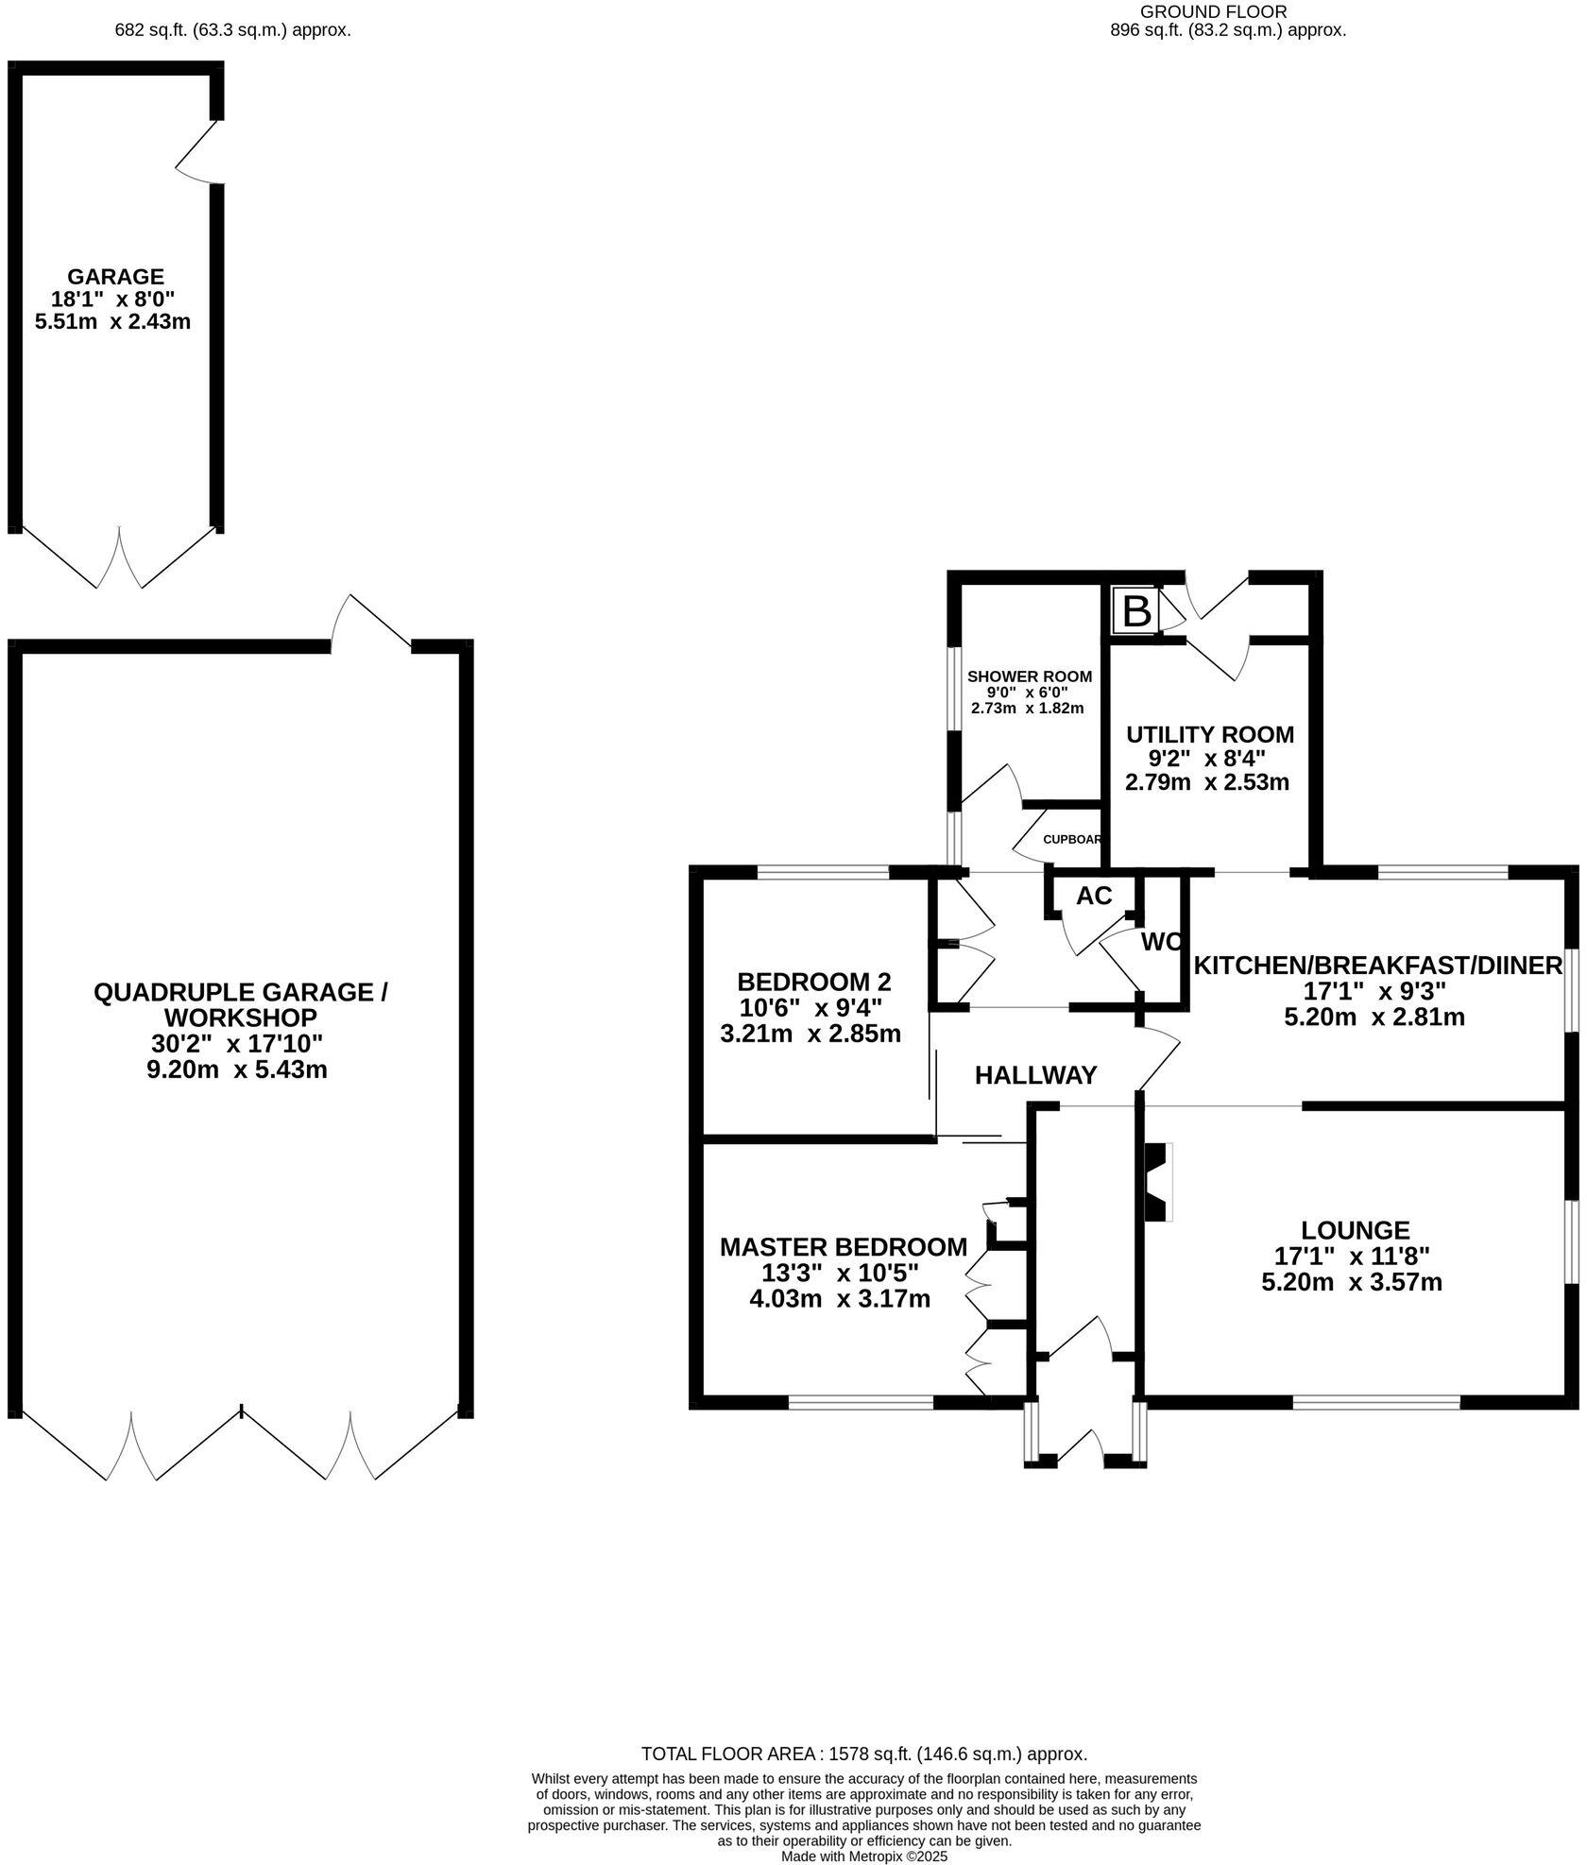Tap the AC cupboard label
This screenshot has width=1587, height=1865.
(x=1094, y=896)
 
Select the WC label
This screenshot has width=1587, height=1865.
(x=1161, y=942)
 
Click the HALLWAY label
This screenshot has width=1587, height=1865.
(x=1035, y=1075)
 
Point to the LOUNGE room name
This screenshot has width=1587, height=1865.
(x=1355, y=1230)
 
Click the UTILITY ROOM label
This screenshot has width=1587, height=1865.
(x=1210, y=734)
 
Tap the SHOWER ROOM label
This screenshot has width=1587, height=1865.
(x=1029, y=676)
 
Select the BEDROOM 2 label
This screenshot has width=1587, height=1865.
(x=813, y=982)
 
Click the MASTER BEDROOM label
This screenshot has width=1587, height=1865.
(x=843, y=1247)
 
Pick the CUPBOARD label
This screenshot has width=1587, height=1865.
(x=1073, y=839)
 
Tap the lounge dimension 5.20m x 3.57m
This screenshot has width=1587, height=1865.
(x=1352, y=1282)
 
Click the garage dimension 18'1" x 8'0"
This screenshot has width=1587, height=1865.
(x=114, y=299)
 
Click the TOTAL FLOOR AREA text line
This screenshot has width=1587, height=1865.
(x=864, y=1754)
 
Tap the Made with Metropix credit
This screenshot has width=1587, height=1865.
(x=863, y=1856)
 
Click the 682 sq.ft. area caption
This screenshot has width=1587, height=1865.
(x=232, y=30)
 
